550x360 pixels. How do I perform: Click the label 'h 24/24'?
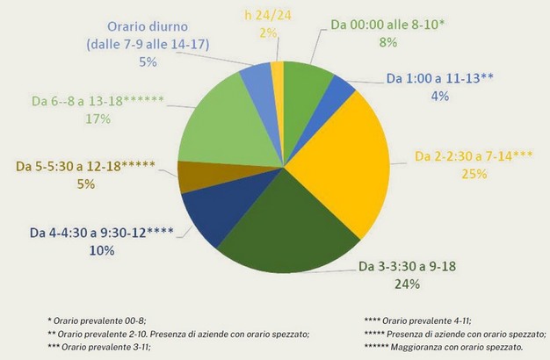pos(262,16)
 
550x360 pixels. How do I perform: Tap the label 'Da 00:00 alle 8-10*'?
pos(388,25)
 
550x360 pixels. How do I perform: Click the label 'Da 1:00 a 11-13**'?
pos(440,77)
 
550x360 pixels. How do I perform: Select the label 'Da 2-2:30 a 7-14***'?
pos(474,158)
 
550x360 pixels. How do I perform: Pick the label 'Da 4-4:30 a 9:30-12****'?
pos(101,233)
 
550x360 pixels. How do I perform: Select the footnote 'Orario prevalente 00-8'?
pos(98,320)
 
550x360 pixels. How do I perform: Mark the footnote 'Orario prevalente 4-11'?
pos(420,320)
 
